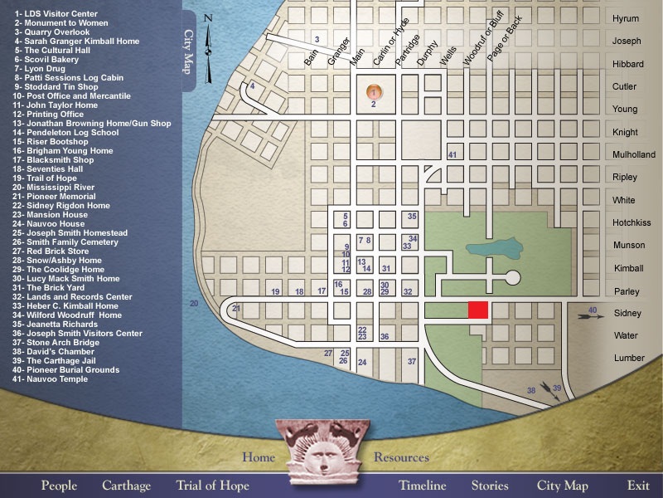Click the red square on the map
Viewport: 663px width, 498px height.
478,310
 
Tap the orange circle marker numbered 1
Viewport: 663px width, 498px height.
374,91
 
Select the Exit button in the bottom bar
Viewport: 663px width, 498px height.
638,486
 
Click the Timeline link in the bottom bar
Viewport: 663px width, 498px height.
422,486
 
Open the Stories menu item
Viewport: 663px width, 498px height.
490,486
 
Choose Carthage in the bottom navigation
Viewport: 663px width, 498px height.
126,486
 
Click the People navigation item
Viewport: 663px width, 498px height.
59,486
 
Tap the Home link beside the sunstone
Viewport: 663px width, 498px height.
258,457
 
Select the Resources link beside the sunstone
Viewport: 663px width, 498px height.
401,457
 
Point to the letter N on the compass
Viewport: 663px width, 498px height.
208,18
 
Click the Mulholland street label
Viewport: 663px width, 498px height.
633,154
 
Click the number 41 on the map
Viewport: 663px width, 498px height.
452,154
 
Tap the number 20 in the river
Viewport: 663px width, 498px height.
194,304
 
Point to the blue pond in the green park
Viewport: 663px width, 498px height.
494,250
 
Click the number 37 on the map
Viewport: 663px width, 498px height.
411,361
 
